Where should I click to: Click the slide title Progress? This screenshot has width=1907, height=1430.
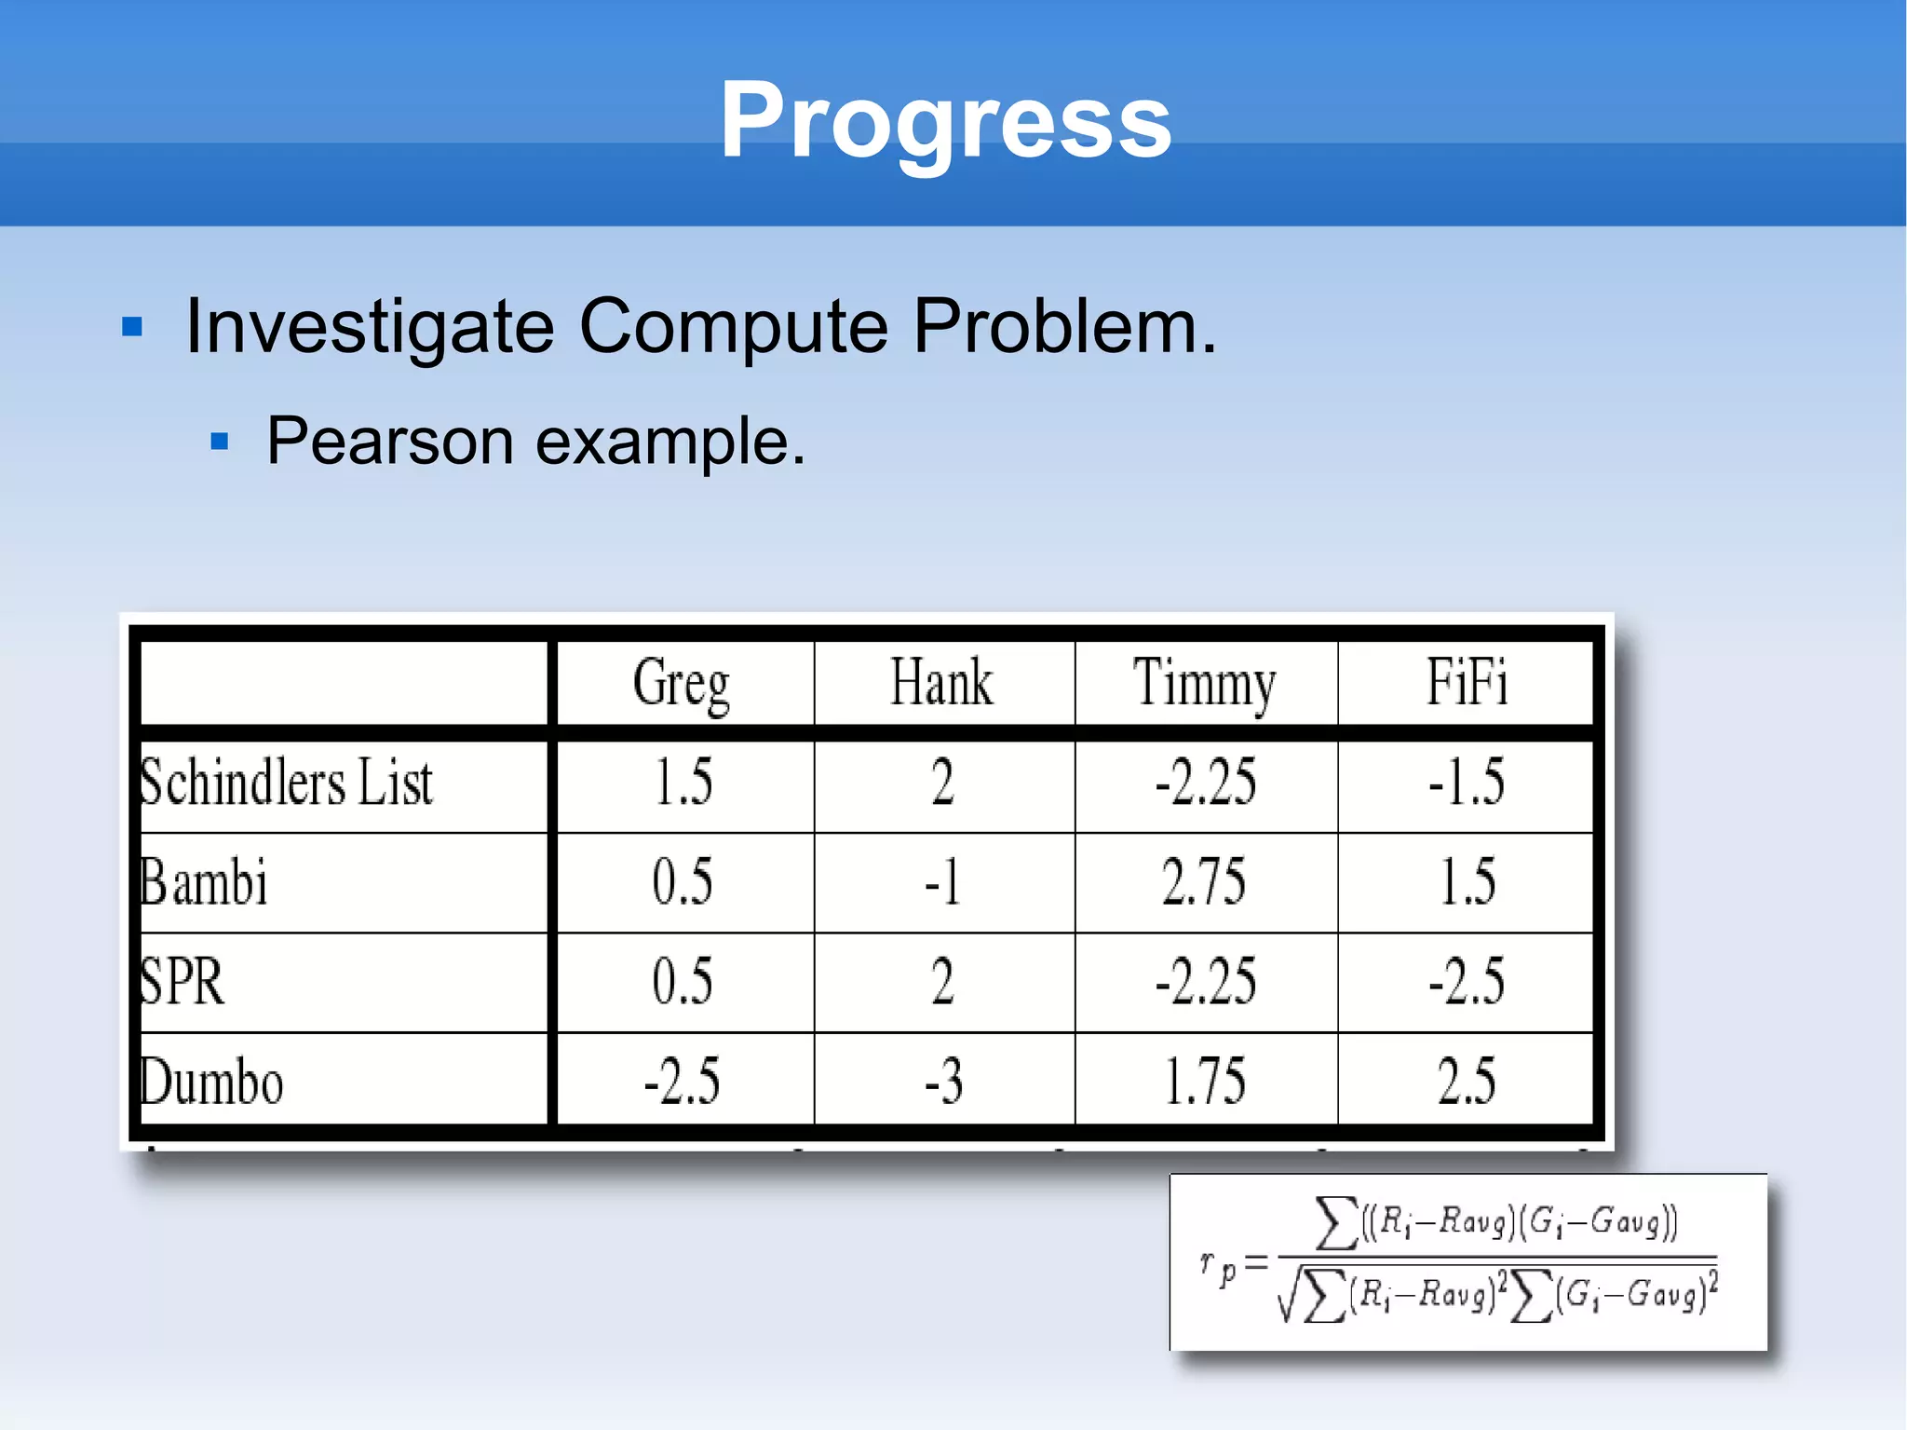[945, 121]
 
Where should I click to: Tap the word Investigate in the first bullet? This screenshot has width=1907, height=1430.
[370, 327]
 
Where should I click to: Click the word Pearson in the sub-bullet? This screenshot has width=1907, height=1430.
[389, 442]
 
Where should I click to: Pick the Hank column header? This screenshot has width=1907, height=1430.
[942, 683]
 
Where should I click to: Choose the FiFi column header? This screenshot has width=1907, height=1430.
[1467, 683]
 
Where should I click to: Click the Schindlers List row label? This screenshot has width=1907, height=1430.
[287, 783]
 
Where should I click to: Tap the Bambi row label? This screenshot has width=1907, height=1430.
[204, 882]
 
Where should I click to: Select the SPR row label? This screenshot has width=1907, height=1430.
[183, 982]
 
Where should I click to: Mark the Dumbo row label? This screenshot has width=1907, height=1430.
[211, 1083]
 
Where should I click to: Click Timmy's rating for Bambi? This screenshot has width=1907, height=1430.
[1204, 882]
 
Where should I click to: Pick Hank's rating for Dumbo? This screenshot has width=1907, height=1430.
[943, 1083]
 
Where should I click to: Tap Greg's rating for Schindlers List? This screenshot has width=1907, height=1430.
[683, 783]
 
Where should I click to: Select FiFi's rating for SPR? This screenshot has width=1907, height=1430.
[1467, 982]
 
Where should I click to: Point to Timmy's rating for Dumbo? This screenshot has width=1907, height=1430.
[1205, 1083]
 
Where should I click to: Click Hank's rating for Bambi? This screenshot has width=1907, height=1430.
[942, 882]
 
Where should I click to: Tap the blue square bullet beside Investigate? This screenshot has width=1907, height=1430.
[132, 327]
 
